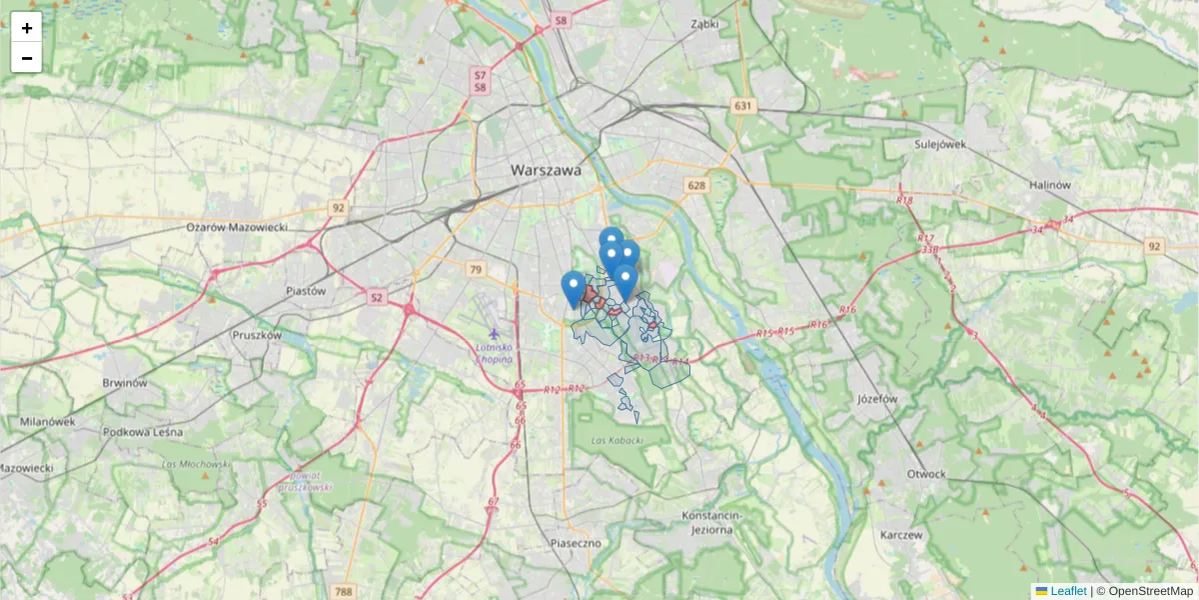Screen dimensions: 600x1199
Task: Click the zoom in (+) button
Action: coord(27,28)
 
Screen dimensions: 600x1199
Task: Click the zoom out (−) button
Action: coord(27,58)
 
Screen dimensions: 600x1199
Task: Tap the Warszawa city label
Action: coord(546,170)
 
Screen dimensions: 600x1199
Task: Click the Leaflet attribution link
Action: coord(1067,591)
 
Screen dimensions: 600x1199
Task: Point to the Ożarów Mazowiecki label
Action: coord(237,227)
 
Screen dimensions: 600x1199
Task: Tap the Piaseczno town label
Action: coord(575,542)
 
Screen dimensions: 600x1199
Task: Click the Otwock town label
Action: coord(926,473)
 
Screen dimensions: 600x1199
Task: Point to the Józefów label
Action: coord(878,397)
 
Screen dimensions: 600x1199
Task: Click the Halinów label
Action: coord(1049,185)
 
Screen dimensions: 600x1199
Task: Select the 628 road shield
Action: coord(696,185)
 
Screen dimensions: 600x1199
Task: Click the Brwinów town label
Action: coord(126,382)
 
